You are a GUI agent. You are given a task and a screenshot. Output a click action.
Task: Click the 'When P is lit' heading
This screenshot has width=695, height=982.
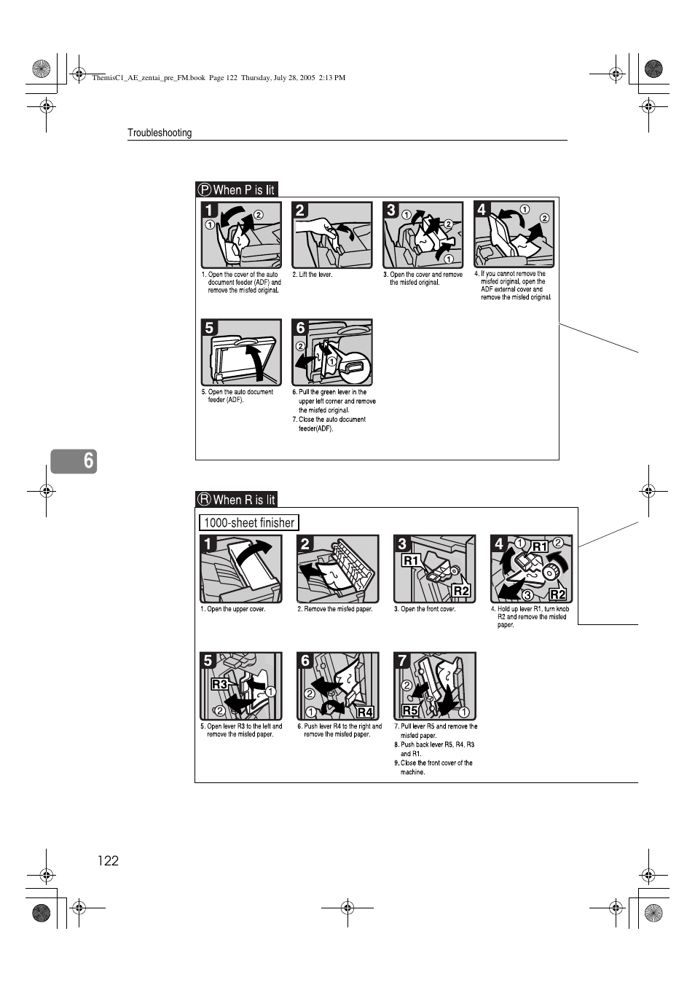(237, 189)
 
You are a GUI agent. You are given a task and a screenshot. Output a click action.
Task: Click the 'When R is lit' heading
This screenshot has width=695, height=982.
(237, 500)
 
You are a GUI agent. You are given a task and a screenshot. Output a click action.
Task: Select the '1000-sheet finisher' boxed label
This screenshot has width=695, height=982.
(248, 522)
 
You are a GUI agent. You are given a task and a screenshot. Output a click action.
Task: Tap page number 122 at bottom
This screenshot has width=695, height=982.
(108, 860)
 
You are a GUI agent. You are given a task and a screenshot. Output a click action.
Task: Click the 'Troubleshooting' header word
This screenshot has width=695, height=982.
(160, 133)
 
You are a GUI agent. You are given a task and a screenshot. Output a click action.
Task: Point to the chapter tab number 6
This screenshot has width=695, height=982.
(88, 460)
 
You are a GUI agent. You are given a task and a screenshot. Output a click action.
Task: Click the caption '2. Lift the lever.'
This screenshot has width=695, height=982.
(312, 275)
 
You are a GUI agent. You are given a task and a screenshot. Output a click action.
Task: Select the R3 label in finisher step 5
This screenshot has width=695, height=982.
(219, 684)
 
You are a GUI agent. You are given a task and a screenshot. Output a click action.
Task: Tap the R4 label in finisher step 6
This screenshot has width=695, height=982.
(365, 712)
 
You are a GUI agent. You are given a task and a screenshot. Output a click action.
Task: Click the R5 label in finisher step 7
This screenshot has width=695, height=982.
(410, 710)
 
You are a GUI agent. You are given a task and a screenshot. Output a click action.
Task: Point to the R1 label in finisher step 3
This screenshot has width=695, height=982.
(412, 560)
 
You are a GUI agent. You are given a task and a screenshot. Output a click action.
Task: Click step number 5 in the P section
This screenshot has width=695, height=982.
(210, 328)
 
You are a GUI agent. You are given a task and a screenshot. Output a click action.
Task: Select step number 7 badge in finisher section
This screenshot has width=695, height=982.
(402, 661)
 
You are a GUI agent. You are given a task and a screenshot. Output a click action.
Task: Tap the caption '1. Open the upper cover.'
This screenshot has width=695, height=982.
(232, 609)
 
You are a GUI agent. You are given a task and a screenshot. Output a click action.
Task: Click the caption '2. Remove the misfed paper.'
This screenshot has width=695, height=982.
(334, 609)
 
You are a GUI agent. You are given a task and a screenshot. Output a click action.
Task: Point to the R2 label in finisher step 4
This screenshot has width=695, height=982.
(557, 594)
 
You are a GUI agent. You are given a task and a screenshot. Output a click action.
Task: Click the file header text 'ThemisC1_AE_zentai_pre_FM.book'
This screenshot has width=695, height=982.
(149, 77)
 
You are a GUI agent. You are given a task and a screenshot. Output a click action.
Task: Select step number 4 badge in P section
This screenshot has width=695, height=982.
(482, 210)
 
